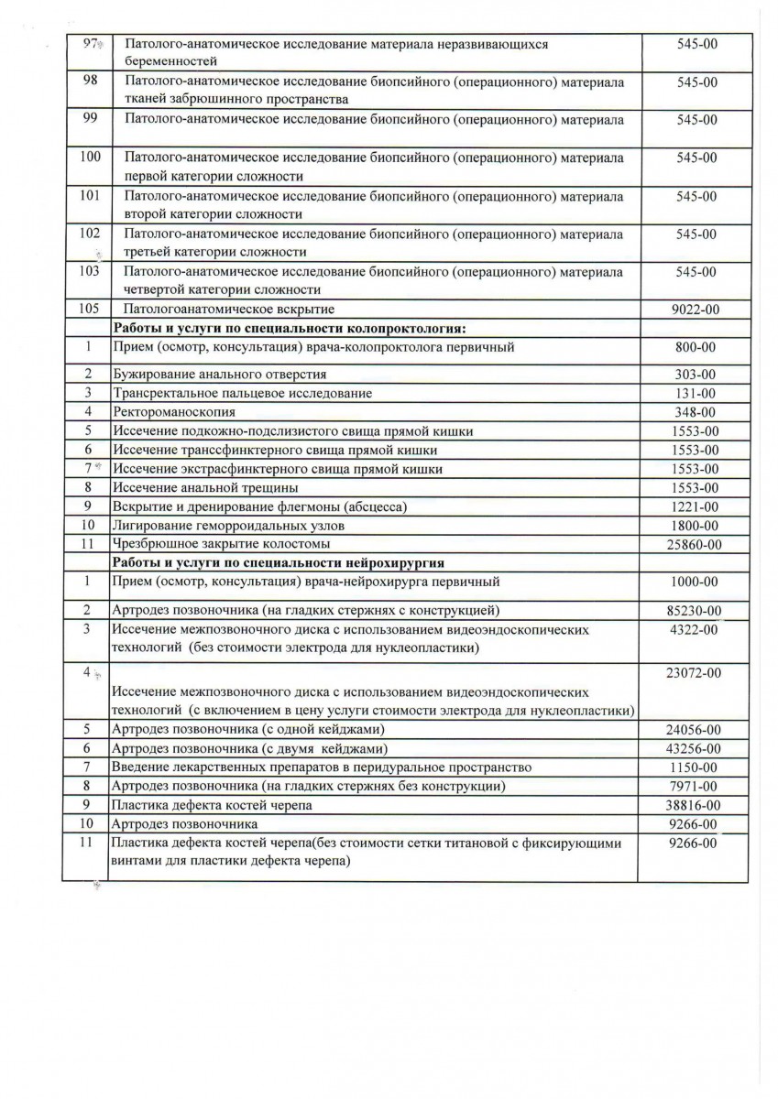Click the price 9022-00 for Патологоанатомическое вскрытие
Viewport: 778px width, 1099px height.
[x=695, y=310]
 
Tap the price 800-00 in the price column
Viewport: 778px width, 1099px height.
[x=696, y=348]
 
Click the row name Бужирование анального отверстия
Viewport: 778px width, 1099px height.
[x=219, y=375]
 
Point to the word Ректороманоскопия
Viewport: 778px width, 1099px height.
[x=170, y=413]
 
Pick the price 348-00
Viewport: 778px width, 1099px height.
[x=696, y=413]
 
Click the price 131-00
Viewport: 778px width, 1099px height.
[x=696, y=394]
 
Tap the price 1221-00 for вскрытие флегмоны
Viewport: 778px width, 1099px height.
[x=696, y=506]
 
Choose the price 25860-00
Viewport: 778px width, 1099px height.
[x=696, y=545]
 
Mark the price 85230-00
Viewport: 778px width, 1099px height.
[x=696, y=611]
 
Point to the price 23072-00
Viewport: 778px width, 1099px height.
[x=696, y=673]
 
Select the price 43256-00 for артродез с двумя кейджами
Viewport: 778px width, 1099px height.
[x=696, y=748]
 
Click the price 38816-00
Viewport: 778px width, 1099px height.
[x=696, y=805]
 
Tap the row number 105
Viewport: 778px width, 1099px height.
[x=89, y=309]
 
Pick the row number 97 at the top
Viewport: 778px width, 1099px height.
[x=89, y=44]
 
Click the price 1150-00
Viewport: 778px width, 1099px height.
[x=696, y=767]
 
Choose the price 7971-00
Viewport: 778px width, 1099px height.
[x=696, y=786]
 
